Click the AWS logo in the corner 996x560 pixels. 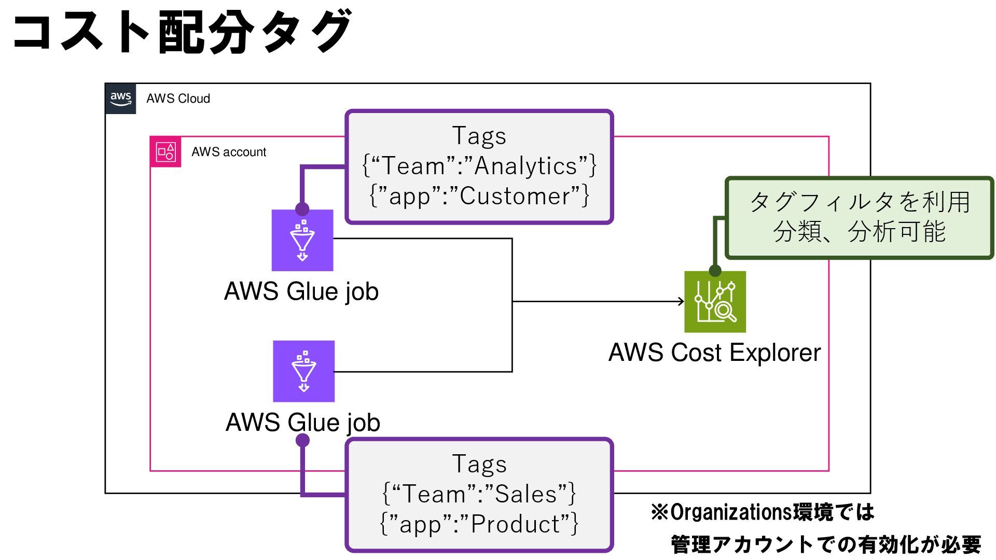tap(120, 99)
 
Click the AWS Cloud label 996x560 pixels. tap(178, 99)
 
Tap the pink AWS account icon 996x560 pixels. tap(165, 152)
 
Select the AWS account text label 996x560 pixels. tap(229, 152)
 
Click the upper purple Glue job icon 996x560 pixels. tap(302, 240)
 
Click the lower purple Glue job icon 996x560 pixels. tap(304, 371)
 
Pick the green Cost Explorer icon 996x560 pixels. tap(715, 302)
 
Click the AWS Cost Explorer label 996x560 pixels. tap(714, 353)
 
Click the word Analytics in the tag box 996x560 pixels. tap(525, 166)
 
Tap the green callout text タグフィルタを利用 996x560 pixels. tap(860, 202)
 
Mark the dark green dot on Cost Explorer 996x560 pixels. tap(715, 270)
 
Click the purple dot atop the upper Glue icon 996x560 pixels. tap(302, 209)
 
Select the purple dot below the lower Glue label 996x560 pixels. tap(302, 440)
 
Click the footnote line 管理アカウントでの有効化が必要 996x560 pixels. tap(826, 544)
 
